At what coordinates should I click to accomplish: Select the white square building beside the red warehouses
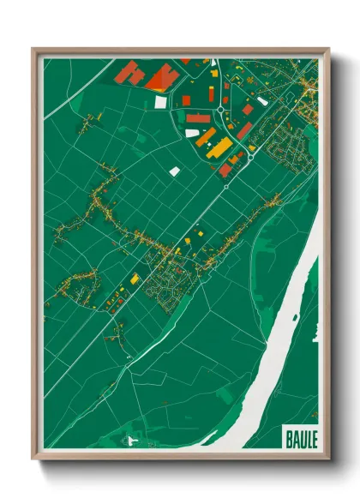(x=160, y=101)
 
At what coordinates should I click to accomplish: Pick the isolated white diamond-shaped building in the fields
(x=175, y=171)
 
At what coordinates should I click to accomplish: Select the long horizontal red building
(x=198, y=117)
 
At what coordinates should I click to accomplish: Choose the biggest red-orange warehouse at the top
(x=163, y=79)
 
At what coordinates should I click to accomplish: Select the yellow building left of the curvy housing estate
(x=135, y=279)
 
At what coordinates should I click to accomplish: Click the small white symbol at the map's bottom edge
(x=131, y=441)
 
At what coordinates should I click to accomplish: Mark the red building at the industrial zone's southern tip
(x=225, y=170)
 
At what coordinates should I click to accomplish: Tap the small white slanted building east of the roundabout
(x=262, y=101)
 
